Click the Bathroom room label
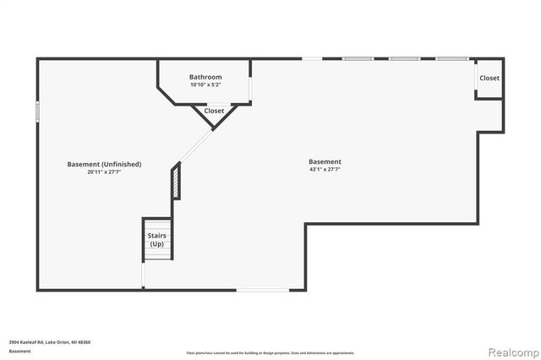point(205,77)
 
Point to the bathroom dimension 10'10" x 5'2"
point(205,85)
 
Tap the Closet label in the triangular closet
point(214,111)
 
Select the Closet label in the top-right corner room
point(489,79)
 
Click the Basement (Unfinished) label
point(104,164)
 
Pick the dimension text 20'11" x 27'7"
point(104,172)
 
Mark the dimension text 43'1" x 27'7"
point(325,169)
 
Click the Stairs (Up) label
point(156,240)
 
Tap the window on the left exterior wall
point(37,112)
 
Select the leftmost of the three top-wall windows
point(358,58)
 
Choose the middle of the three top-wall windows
point(404,58)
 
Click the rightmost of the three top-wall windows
point(451,58)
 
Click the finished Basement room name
point(325,161)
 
